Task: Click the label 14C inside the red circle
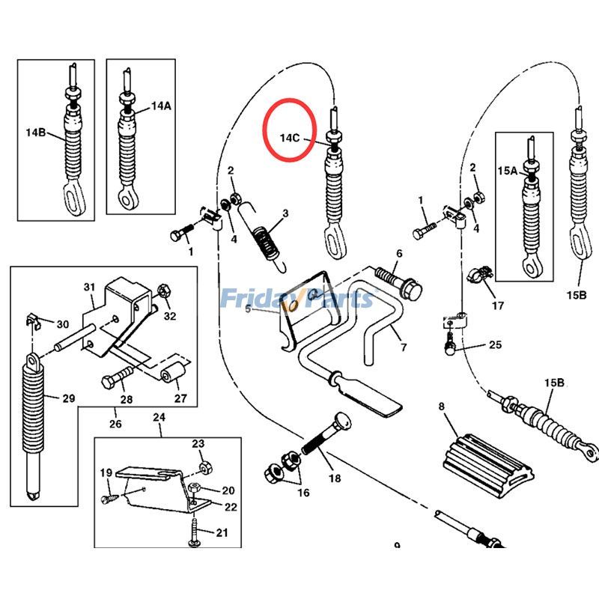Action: pyautogui.click(x=291, y=138)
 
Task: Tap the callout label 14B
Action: pyautogui.click(x=35, y=133)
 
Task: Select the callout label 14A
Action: pyautogui.click(x=161, y=106)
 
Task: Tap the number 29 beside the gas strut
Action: pyautogui.click(x=68, y=398)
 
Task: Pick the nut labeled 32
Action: pyautogui.click(x=165, y=289)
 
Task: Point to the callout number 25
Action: pyautogui.click(x=495, y=345)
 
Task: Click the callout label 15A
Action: pyautogui.click(x=508, y=171)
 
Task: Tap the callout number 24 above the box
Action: pyautogui.click(x=159, y=417)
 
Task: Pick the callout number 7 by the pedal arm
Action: pyautogui.click(x=403, y=347)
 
